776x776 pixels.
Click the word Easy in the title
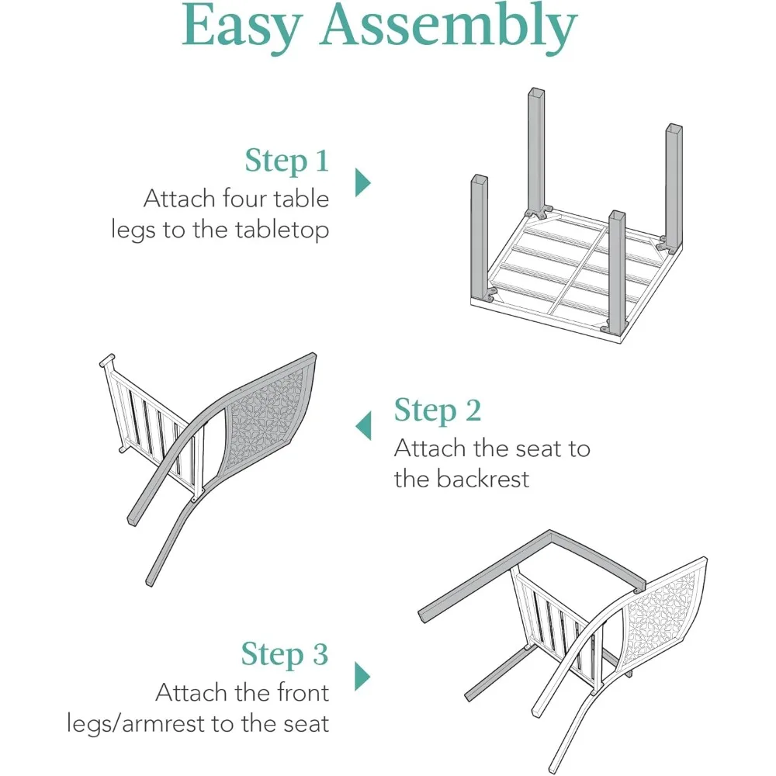click(x=241, y=27)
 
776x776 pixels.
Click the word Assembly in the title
click(x=449, y=27)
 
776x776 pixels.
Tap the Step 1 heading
click(x=287, y=161)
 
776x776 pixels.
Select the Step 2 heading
click(x=438, y=411)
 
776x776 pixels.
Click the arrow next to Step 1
click(x=362, y=182)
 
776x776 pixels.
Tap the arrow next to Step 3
click(x=362, y=675)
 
